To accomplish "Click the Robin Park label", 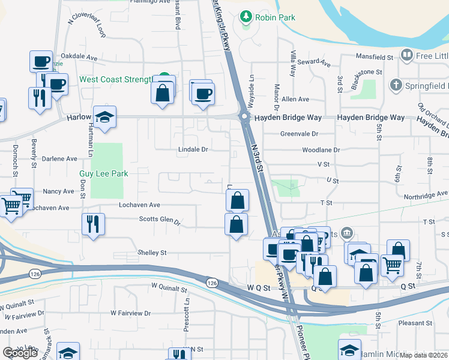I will click(x=275, y=17).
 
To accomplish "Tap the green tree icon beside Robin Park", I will click(x=246, y=17).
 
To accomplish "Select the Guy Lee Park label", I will click(x=104, y=173).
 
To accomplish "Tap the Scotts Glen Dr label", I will click(x=160, y=220).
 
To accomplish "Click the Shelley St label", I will click(x=152, y=253).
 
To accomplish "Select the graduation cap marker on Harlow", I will click(x=104, y=118).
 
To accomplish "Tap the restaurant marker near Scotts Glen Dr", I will click(x=93, y=224).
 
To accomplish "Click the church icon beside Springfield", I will click(x=396, y=86).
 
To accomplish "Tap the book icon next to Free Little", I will click(x=407, y=56).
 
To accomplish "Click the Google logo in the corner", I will click(x=20, y=352).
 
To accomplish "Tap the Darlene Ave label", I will click(x=60, y=159).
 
